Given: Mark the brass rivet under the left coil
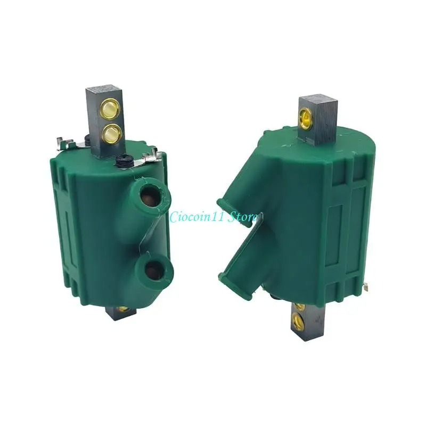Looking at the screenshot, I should pos(123,309).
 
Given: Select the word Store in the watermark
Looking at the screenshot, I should pos(244,217).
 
